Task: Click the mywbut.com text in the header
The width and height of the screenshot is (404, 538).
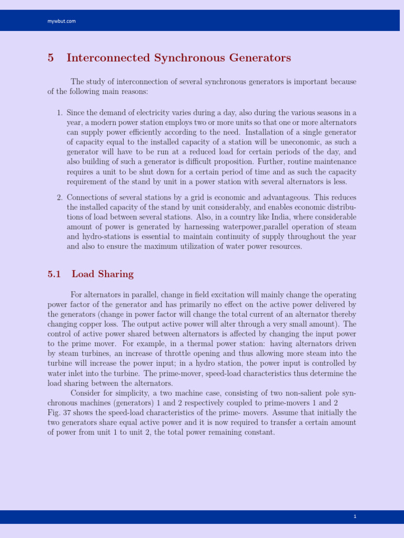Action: click(x=62, y=21)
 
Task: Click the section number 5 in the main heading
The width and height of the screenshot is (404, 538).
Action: click(x=50, y=58)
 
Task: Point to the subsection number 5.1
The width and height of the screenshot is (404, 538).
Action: click(x=54, y=274)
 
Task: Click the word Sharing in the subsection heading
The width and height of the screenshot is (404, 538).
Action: click(x=116, y=274)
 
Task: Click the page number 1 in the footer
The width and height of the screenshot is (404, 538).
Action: click(x=355, y=517)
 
